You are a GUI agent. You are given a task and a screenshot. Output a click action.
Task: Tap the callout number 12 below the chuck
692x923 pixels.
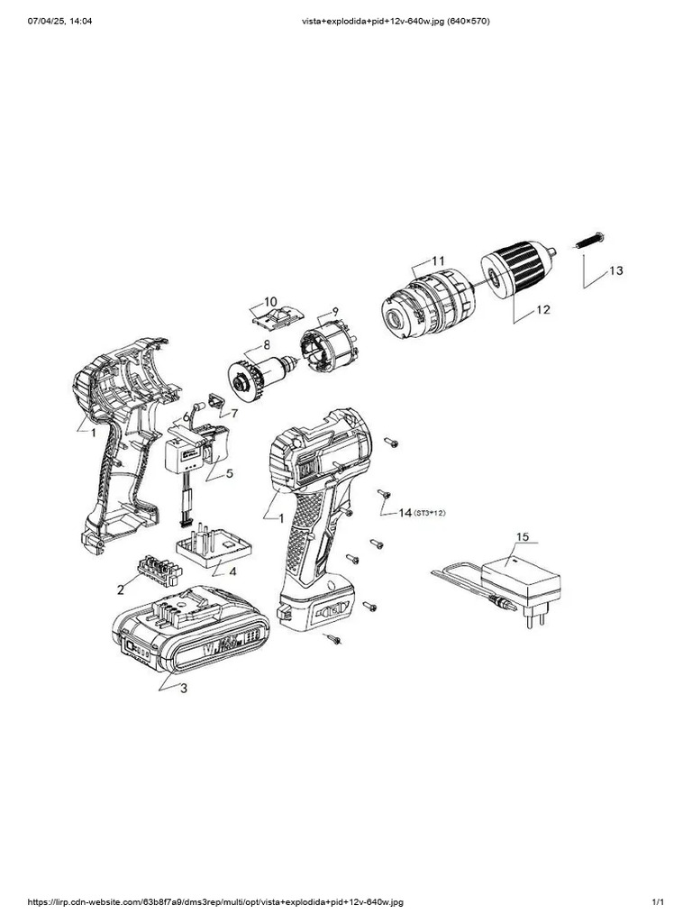542,310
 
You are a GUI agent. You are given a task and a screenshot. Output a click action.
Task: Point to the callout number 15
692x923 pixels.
523,537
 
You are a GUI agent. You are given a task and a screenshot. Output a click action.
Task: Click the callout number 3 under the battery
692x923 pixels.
184,689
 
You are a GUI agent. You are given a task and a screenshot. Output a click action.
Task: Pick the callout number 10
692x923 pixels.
270,301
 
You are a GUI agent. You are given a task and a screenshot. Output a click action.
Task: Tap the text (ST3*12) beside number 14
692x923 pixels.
431,513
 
